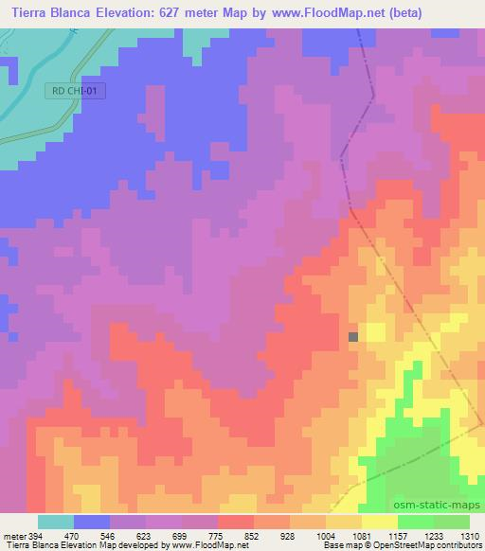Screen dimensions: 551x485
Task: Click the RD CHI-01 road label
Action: tap(76, 91)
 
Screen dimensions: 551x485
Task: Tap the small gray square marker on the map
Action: tap(353, 336)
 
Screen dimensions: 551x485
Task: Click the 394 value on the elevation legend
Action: tap(34, 535)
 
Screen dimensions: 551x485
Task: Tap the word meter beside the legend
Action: tap(12, 535)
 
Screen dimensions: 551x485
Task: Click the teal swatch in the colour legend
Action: tap(56, 522)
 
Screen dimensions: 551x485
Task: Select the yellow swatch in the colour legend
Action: tap(379, 522)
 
